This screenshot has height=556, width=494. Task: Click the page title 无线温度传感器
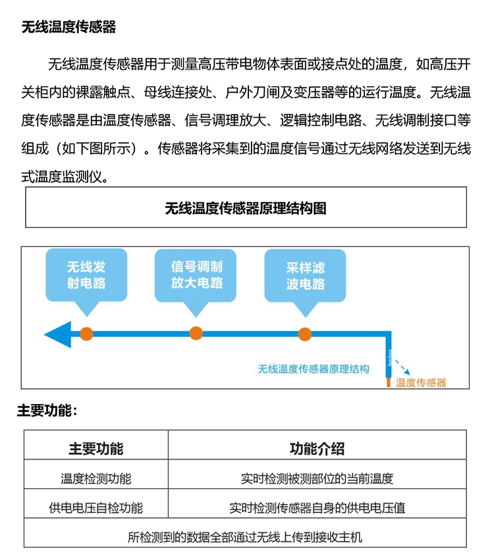pos(69,27)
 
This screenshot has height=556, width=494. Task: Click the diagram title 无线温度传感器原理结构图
pos(246,208)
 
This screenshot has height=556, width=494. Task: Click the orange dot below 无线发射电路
pos(86,334)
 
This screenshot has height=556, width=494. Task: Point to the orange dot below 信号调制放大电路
pos(196,334)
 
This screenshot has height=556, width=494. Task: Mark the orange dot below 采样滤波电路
pos(305,334)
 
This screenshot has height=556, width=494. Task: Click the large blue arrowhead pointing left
pos(58,334)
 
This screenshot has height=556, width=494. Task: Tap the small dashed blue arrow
pos(403,367)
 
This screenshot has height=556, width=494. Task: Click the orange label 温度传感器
pos(421,382)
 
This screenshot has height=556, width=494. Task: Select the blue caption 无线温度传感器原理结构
pos(314,369)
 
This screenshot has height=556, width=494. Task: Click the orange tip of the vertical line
pos(389,382)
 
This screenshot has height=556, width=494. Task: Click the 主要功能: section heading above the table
pos(47,411)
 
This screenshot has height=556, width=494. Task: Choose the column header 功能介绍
pos(317,449)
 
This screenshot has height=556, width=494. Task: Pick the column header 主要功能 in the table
pos(96,449)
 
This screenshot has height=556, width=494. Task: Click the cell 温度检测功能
pos(96,479)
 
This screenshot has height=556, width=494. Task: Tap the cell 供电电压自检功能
pos(96,508)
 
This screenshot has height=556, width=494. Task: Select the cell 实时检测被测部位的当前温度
pos(317,479)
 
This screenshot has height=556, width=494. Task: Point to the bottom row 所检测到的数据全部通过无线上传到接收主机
pos(245,537)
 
